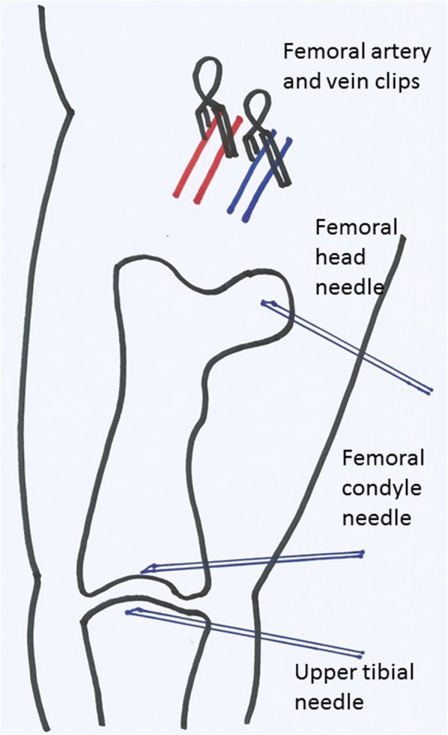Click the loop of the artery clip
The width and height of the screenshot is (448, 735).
(x=210, y=76)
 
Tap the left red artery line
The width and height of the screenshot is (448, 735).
(x=192, y=161)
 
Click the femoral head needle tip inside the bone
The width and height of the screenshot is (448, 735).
(x=265, y=303)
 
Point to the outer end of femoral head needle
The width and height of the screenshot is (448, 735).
(x=430, y=391)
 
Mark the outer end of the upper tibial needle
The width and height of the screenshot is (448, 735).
(x=362, y=653)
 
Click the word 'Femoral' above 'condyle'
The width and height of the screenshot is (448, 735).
(x=383, y=457)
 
